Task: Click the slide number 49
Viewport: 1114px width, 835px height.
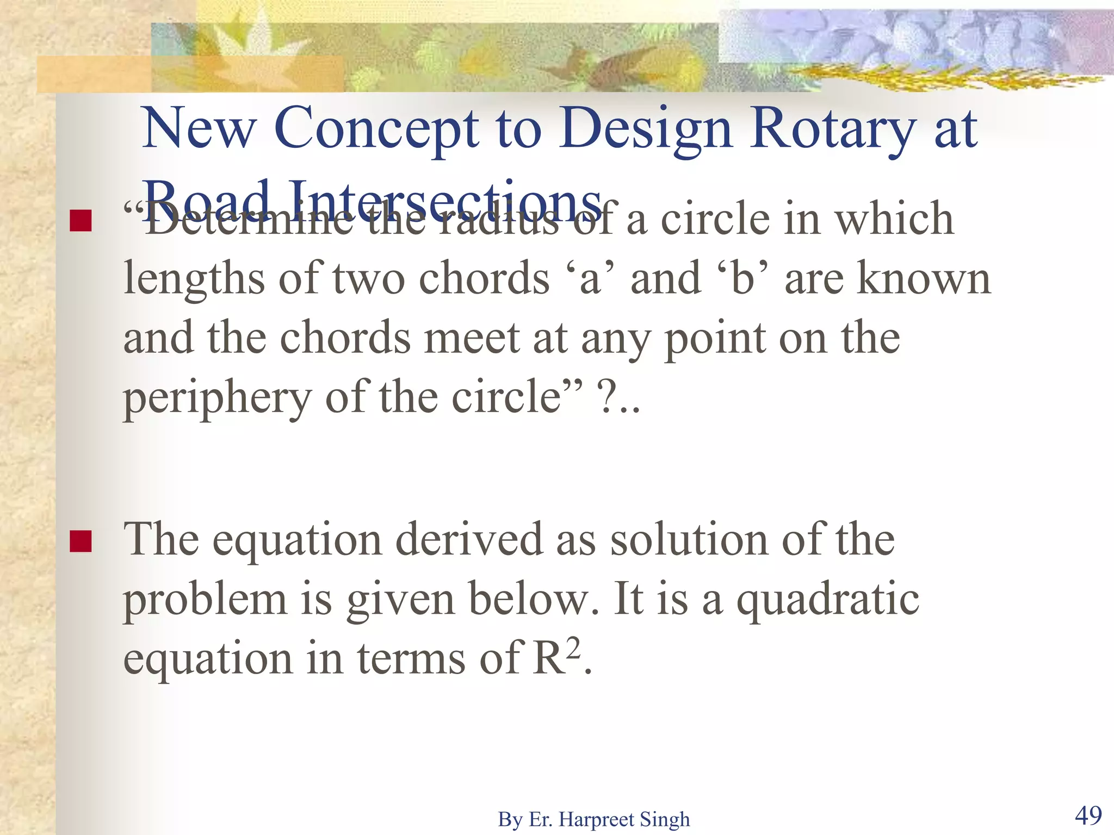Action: pos(1088,815)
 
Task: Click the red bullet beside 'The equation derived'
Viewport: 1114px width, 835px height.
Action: pos(81,541)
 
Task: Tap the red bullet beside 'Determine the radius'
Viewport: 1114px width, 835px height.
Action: pos(81,220)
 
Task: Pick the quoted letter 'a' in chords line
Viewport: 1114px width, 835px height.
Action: pos(590,278)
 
